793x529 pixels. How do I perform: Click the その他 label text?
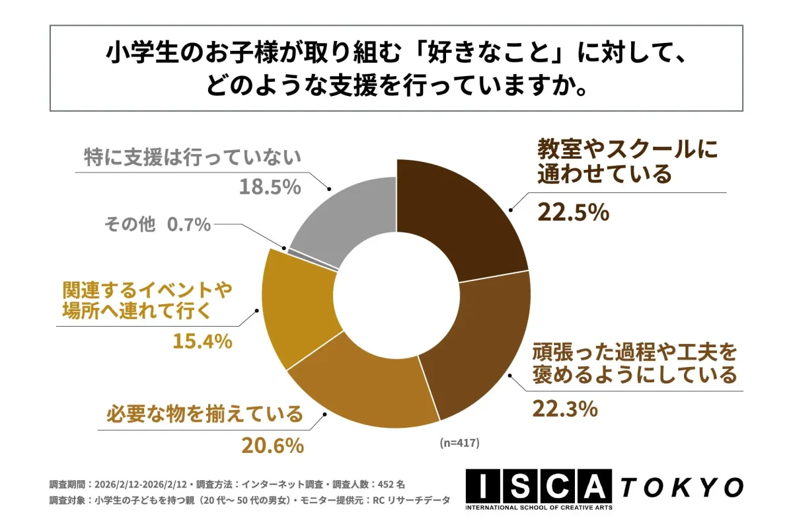(x=130, y=225)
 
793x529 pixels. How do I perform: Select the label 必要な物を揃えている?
(x=204, y=415)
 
